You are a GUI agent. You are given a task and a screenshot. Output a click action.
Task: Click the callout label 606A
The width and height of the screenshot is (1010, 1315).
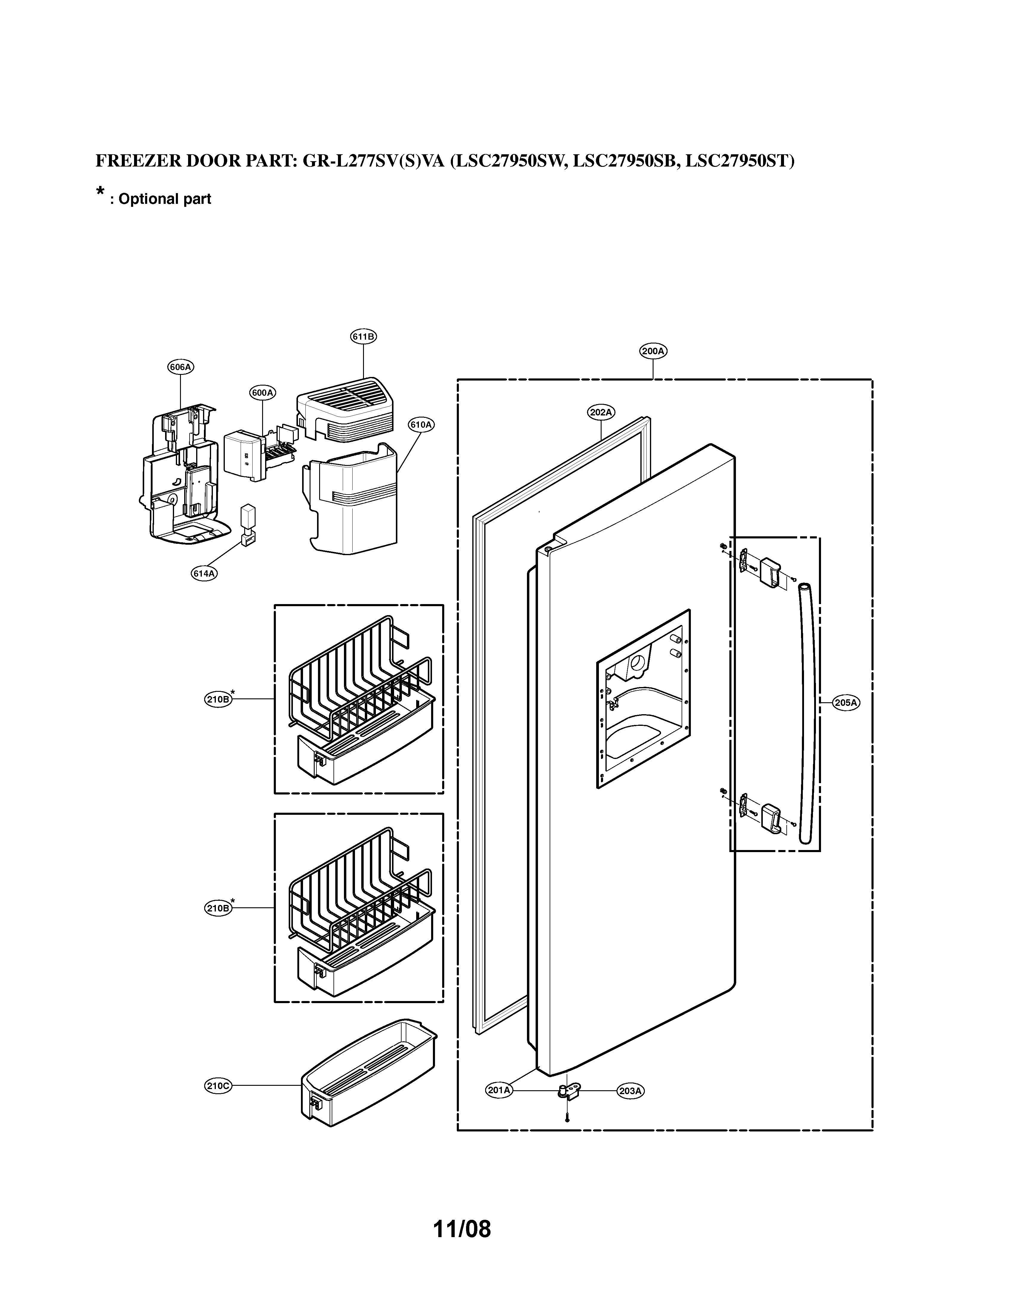[180, 367]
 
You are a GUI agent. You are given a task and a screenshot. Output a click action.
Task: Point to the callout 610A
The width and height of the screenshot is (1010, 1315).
[421, 424]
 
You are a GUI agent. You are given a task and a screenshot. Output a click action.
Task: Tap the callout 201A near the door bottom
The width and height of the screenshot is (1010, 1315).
[499, 1106]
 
